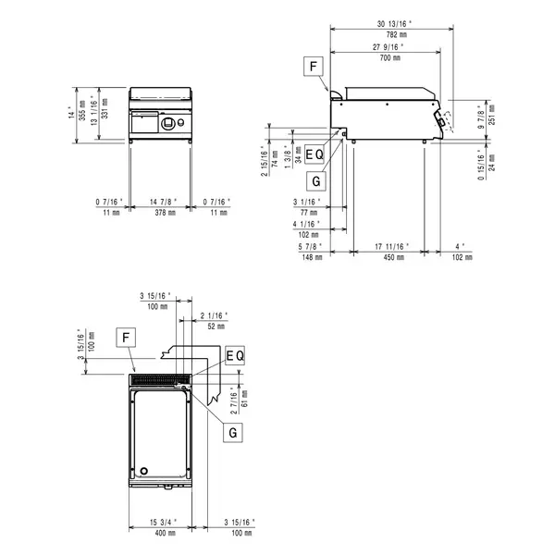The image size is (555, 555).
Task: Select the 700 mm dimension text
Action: pyautogui.click(x=389, y=57)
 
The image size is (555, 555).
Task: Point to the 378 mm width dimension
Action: pyautogui.click(x=162, y=212)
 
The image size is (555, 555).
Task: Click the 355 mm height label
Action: pyautogui.click(x=81, y=115)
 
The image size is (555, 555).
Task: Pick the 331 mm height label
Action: pyautogui.click(x=103, y=115)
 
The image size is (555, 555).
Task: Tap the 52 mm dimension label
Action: pyautogui.click(x=216, y=327)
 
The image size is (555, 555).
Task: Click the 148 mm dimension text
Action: pyautogui.click(x=311, y=257)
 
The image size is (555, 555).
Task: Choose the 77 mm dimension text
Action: pyautogui.click(x=311, y=212)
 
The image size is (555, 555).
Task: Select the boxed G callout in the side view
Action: pyautogui.click(x=316, y=181)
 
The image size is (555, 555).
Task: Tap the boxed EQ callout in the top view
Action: pyautogui.click(x=234, y=355)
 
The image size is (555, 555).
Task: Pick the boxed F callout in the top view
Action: pyautogui.click(x=122, y=339)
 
